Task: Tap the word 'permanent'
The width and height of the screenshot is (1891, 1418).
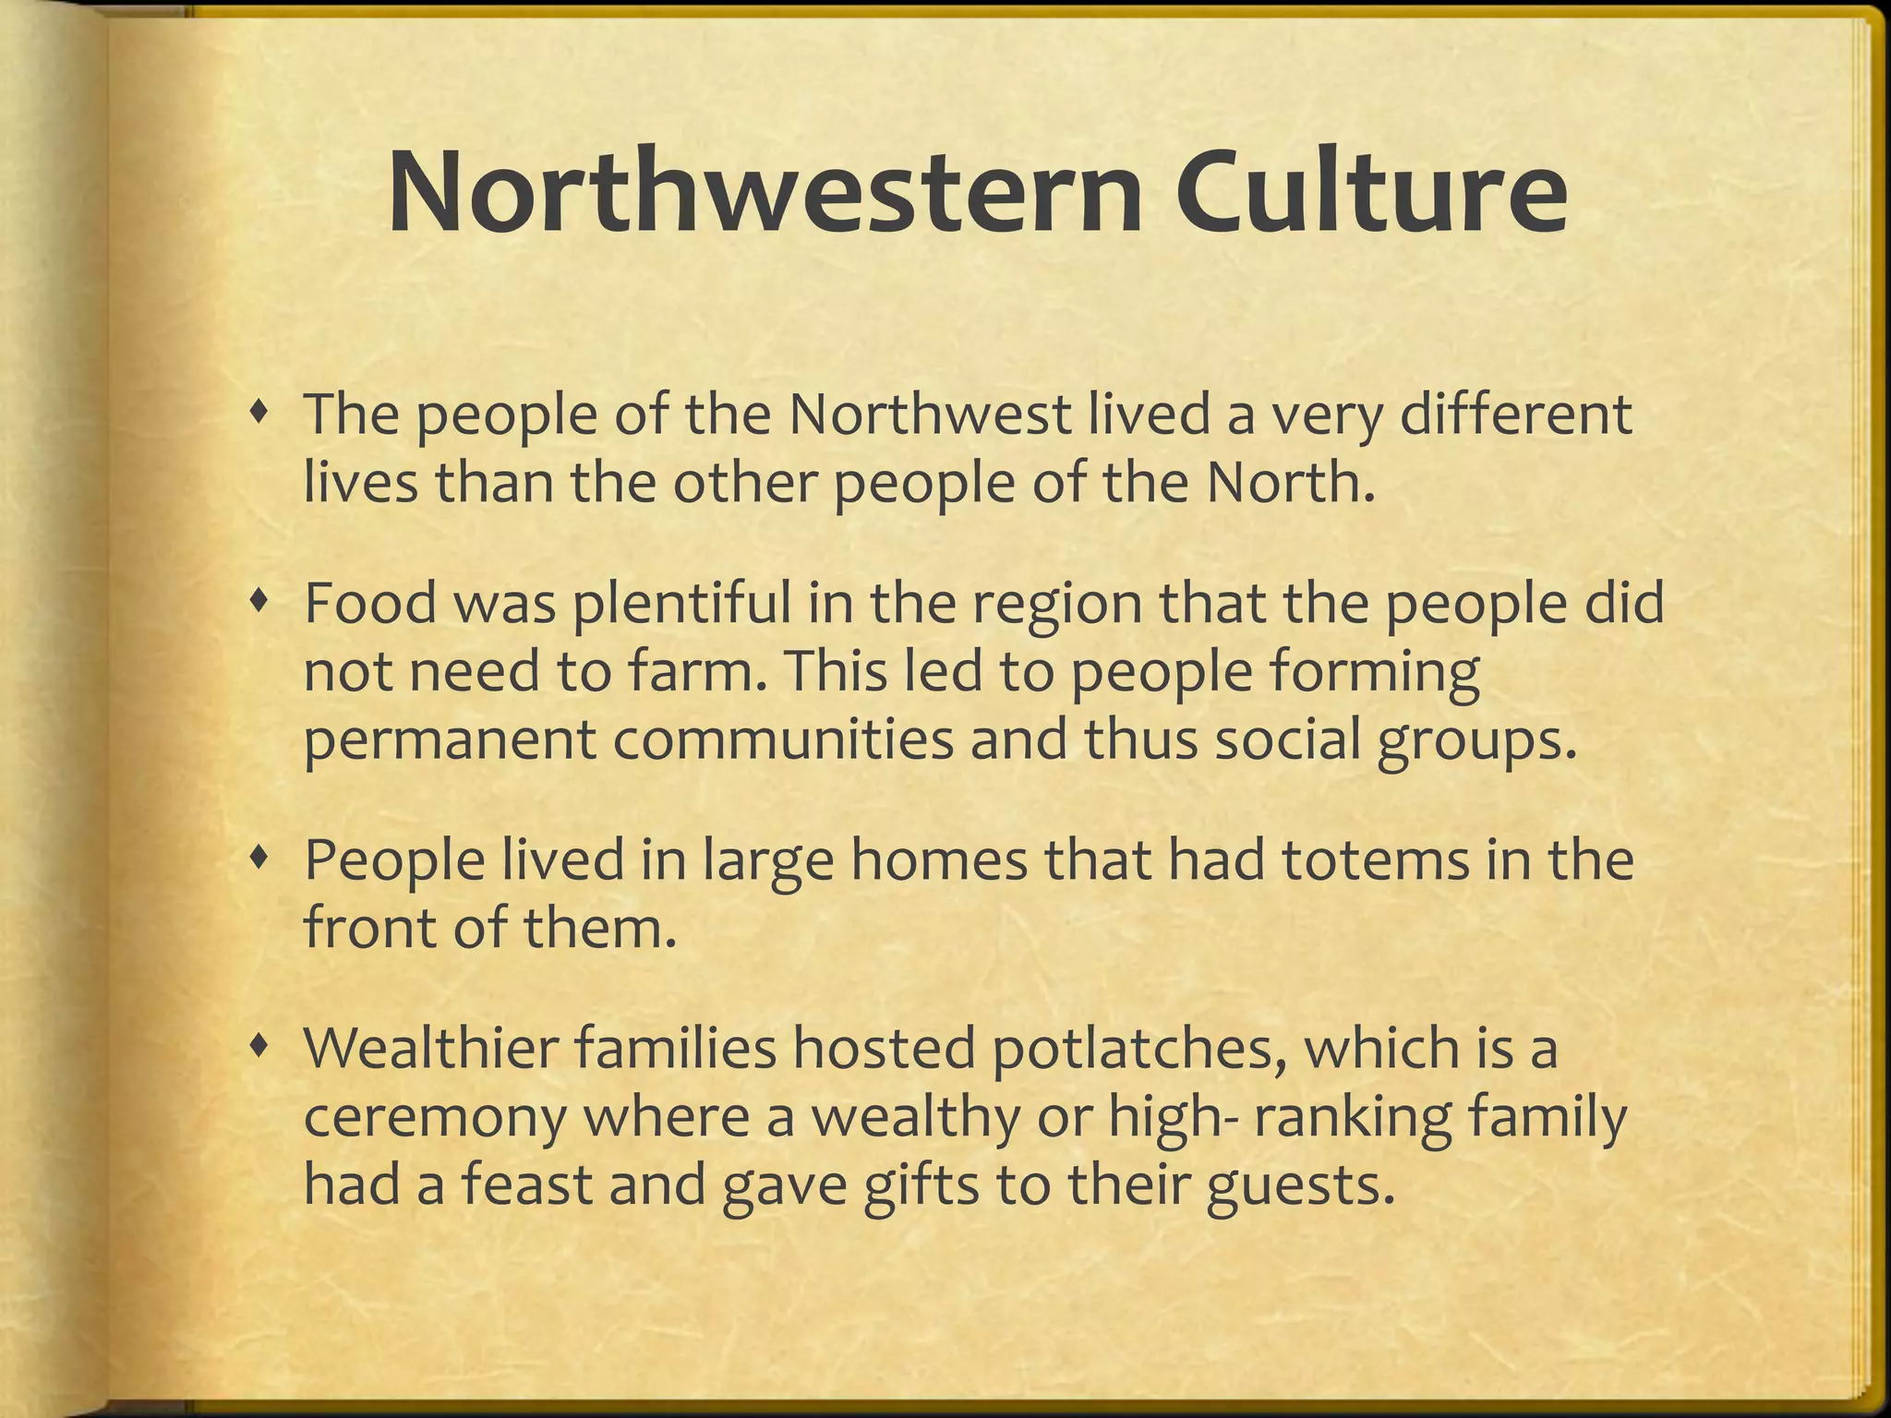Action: [x=449, y=742]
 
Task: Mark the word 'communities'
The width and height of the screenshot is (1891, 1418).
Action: [x=782, y=740]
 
